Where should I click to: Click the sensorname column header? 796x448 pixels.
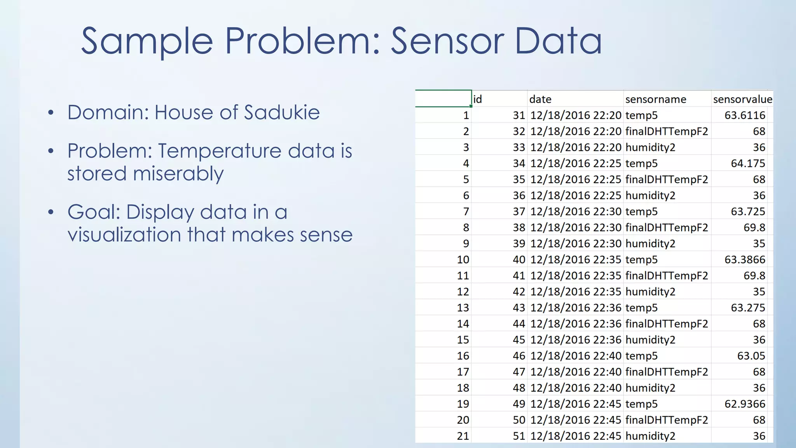656,100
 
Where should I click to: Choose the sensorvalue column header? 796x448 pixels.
742,100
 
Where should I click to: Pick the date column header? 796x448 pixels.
540,100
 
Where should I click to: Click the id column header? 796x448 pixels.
478,100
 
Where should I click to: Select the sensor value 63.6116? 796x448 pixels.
745,115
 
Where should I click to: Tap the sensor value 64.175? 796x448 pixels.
748,163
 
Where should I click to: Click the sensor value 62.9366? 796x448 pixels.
745,404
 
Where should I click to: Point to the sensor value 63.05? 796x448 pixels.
751,356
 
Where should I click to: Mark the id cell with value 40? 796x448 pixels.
519,260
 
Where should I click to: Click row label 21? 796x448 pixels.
463,436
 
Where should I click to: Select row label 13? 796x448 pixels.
463,308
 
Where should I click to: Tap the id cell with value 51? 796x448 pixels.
519,436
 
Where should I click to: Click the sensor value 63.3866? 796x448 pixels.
745,260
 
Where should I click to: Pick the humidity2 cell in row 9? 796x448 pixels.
650,244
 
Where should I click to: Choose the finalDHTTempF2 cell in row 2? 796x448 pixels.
667,131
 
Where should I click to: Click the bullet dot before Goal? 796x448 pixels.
51,212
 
